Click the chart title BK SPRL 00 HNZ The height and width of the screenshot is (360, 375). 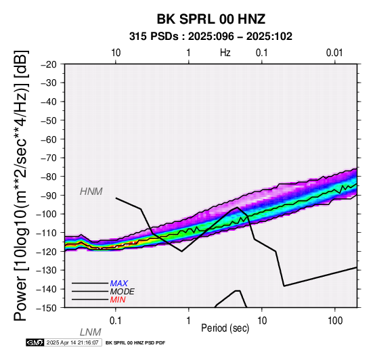point(211,19)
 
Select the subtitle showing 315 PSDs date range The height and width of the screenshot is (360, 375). point(211,37)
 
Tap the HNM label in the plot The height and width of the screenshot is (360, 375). point(91,192)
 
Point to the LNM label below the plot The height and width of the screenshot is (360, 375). point(91,332)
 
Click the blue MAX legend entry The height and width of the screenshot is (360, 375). point(119,284)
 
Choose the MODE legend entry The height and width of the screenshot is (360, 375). point(123,292)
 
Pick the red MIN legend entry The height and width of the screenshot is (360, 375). point(118,300)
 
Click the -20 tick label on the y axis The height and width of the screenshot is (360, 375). point(49,64)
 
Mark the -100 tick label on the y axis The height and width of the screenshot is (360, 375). point(47,214)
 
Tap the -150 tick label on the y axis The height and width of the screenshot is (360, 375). point(47,307)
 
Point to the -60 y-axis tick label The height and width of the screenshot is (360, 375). point(49,139)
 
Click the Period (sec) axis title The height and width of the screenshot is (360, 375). point(225,328)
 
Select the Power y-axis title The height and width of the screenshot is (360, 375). point(21,185)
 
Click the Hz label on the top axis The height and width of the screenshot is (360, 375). point(225,53)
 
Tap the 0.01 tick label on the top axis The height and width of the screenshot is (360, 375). point(334,53)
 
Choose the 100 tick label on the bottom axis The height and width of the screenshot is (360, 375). point(335,321)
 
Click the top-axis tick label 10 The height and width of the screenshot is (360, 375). point(116,53)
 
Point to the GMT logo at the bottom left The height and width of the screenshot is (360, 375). point(35,342)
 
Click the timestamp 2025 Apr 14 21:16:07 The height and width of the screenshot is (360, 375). point(72,342)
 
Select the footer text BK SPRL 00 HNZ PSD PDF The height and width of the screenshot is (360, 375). point(135,343)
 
